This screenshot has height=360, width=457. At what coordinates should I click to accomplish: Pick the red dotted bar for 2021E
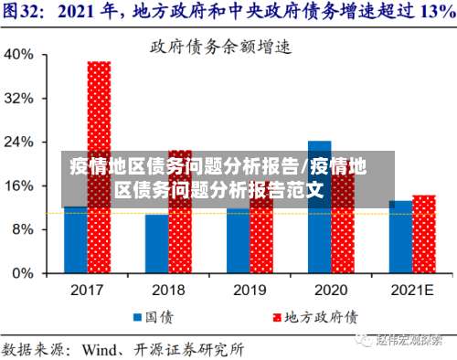[x=423, y=234]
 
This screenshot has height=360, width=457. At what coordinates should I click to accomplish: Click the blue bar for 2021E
[x=400, y=237]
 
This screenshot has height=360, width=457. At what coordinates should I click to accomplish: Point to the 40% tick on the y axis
[x=20, y=54]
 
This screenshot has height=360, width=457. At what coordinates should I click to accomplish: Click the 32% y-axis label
[x=20, y=98]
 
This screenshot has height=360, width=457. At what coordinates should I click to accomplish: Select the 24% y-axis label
[x=20, y=142]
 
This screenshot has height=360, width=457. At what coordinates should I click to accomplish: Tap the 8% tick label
[x=24, y=229]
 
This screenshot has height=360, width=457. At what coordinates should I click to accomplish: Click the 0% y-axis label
[x=24, y=272]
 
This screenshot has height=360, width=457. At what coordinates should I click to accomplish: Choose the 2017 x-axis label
[x=87, y=290]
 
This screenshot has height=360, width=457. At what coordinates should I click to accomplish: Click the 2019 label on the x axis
[x=250, y=290]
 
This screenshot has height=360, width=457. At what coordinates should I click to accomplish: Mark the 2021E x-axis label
[x=412, y=290]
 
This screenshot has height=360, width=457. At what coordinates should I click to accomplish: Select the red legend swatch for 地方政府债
[x=274, y=317]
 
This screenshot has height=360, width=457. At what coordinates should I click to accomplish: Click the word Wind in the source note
[x=101, y=348]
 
